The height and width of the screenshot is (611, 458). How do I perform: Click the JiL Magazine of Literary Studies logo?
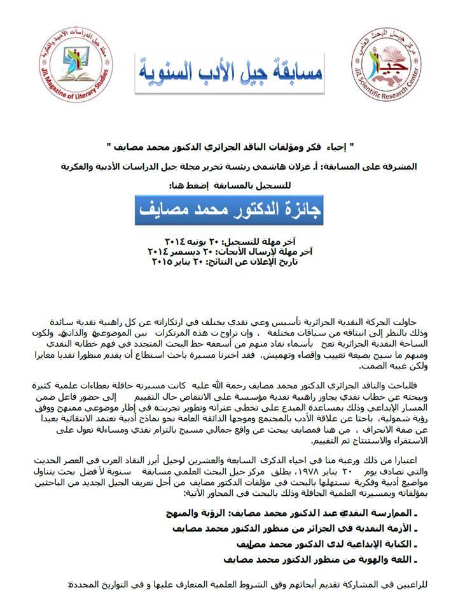point(71,71)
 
